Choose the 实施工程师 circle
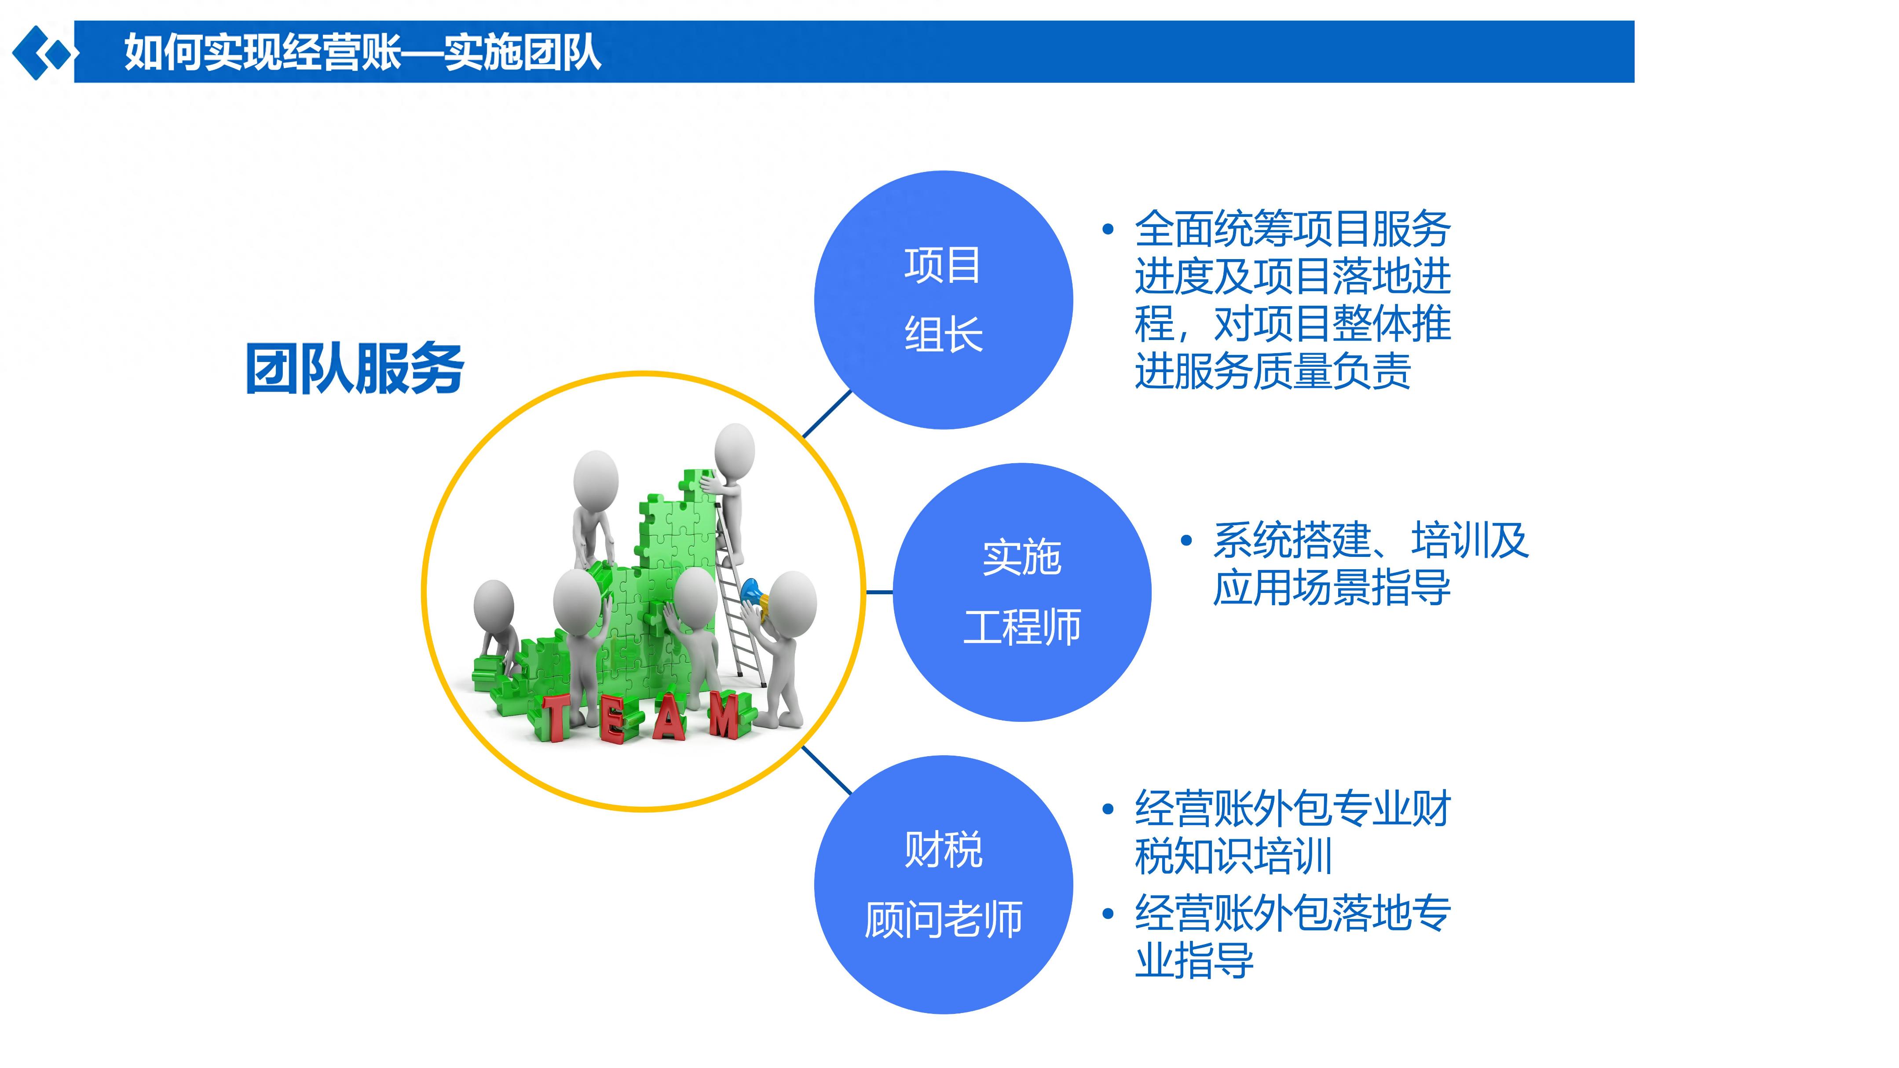coord(1022,592)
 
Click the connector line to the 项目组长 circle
coord(827,414)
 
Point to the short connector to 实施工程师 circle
coord(879,592)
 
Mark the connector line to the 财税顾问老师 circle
coord(827,770)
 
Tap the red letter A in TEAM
coord(669,717)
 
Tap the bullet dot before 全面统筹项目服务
coord(1107,230)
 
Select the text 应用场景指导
coord(1332,588)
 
